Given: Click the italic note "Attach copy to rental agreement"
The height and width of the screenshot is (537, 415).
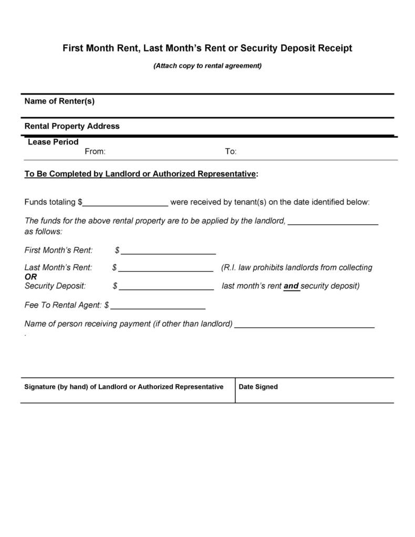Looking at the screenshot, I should click(x=207, y=66).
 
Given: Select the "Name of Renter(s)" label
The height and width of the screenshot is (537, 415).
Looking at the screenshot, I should click(x=59, y=101).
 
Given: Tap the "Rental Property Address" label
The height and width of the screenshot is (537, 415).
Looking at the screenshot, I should click(x=72, y=126).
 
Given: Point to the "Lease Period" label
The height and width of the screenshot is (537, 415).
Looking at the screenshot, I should click(x=53, y=142).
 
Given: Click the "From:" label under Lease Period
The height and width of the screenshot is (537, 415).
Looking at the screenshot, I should click(x=95, y=151).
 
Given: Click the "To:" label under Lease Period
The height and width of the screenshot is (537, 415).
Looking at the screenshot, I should click(x=231, y=151).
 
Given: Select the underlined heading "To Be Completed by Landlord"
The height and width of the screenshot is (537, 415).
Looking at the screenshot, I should click(x=141, y=174).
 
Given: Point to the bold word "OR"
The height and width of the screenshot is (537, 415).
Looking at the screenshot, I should click(x=31, y=277).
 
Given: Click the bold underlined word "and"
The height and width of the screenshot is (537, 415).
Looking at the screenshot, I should click(x=291, y=286).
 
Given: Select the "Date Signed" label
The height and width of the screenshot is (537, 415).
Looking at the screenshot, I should click(x=258, y=387).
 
